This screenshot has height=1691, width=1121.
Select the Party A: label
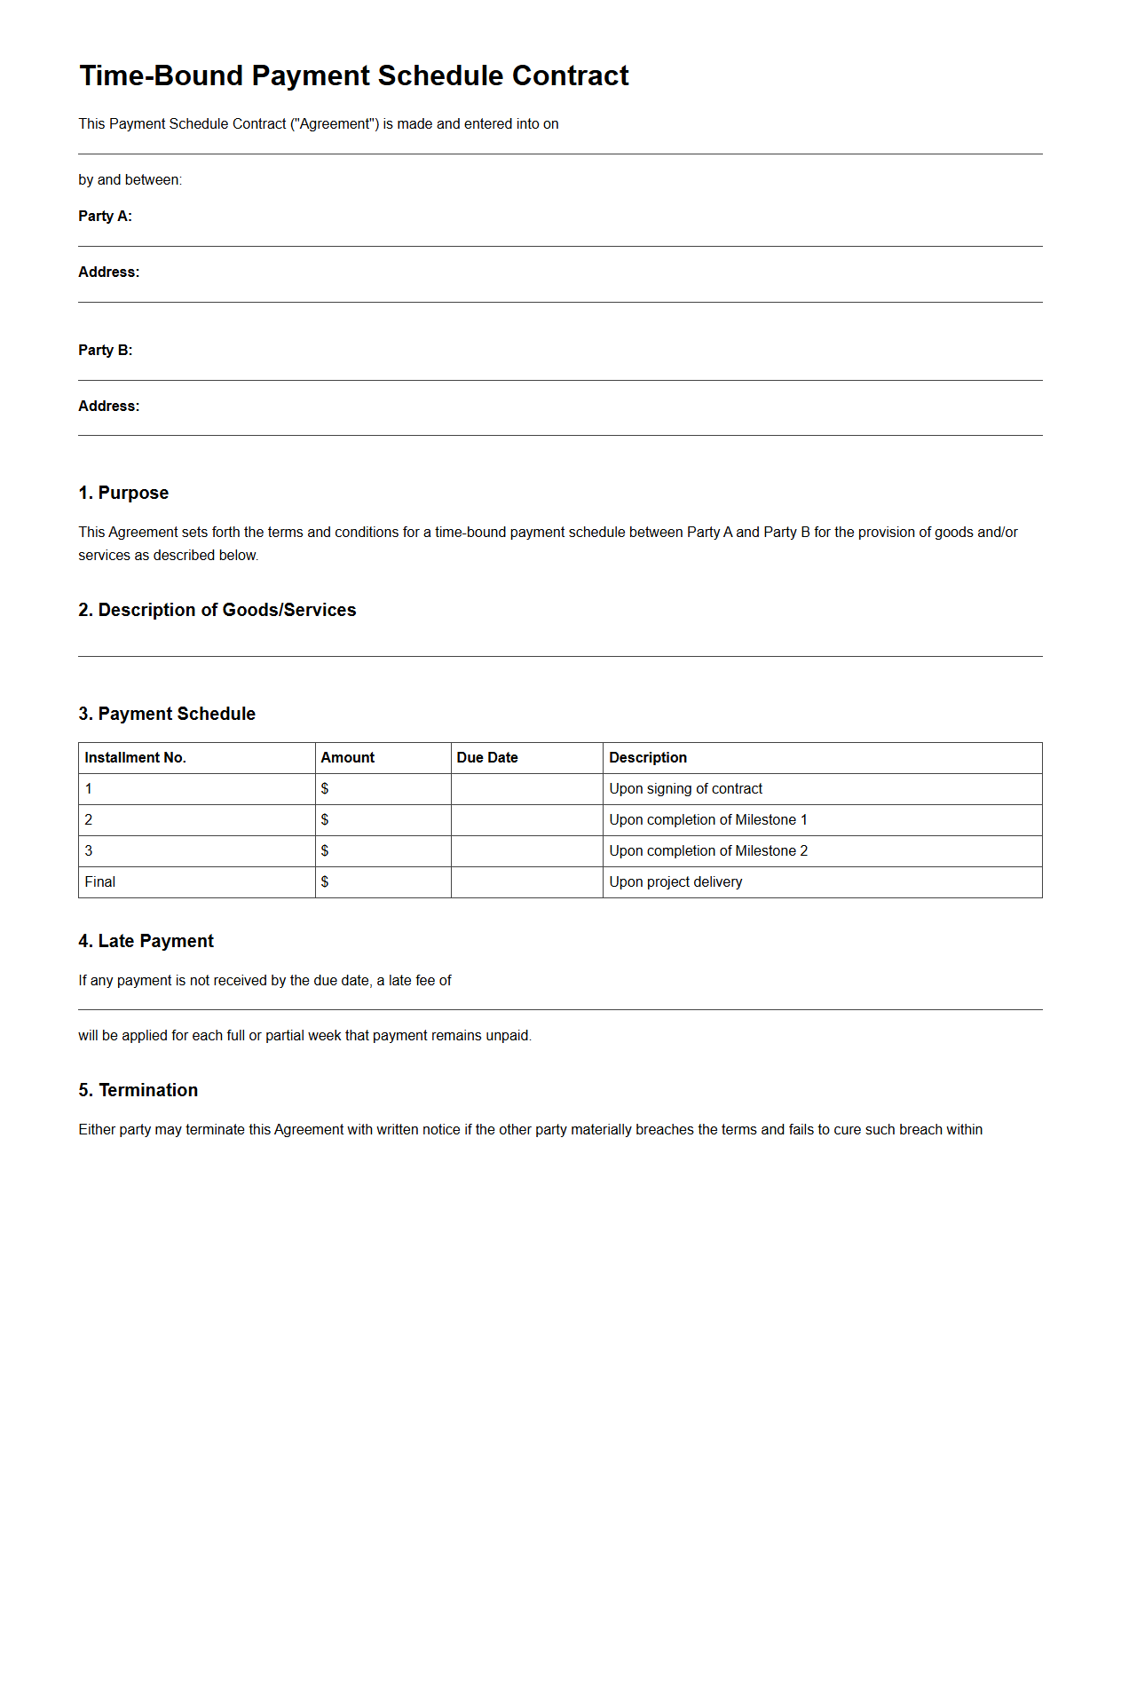coord(105,217)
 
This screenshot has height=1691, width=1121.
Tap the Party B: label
coord(105,351)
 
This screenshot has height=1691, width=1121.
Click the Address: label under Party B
coord(108,407)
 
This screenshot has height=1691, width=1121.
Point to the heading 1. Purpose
coord(123,494)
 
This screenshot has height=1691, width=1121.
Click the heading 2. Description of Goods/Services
coord(217,611)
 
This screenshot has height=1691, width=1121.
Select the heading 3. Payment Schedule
coord(167,715)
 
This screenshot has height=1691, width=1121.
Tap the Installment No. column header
coord(135,758)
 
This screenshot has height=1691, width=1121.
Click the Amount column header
coord(347,758)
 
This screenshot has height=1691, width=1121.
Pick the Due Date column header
coord(486,758)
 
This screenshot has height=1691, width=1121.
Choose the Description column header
coord(647,758)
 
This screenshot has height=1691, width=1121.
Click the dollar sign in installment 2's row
coord(325,820)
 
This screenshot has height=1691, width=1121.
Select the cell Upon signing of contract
coord(685,789)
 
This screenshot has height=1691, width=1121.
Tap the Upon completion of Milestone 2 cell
coord(707,851)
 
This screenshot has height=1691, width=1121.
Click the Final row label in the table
coord(100,882)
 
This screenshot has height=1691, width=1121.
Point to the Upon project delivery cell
coord(675,882)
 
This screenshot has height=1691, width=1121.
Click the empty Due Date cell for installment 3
coord(526,851)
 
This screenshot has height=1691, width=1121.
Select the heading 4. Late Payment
coord(146,942)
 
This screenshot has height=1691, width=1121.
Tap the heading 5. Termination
coord(138,1091)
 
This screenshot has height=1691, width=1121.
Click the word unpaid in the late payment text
coord(508,1036)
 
